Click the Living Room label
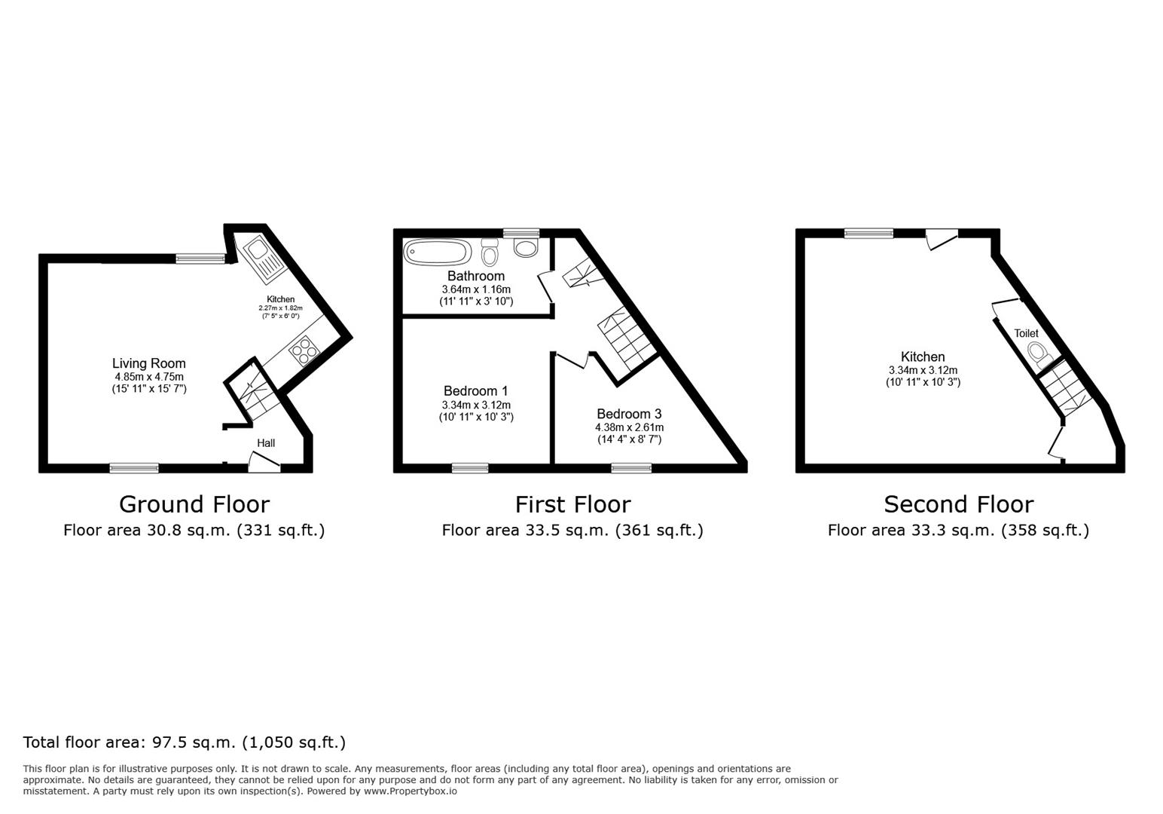click(149, 363)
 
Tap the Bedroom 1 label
click(475, 390)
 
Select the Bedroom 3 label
click(629, 414)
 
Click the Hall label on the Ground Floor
click(266, 443)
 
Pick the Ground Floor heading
click(194, 504)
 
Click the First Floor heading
click(572, 504)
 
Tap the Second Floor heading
click(958, 504)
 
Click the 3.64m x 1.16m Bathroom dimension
click(476, 289)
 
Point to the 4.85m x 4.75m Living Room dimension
click(149, 377)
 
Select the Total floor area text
click(185, 742)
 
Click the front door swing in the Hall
click(264, 463)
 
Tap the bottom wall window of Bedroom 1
click(470, 468)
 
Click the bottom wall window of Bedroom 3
click(631, 468)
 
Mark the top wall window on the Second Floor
click(868, 234)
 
